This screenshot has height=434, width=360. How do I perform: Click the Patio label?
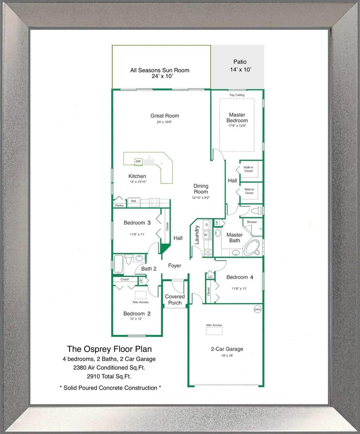tap(240, 62)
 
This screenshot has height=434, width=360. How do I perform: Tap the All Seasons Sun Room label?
tap(160, 70)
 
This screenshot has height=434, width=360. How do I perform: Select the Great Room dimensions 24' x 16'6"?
tap(165, 122)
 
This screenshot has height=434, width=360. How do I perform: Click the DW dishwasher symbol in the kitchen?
tap(139, 162)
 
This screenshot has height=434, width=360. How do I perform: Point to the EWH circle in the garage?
tap(258, 309)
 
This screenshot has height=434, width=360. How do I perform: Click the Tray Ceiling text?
tap(237, 95)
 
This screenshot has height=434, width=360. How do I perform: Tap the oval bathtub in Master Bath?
tap(252, 247)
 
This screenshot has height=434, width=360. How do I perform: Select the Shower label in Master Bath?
tap(252, 222)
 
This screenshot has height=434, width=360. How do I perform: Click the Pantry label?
tap(120, 206)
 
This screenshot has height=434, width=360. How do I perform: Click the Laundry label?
tap(197, 235)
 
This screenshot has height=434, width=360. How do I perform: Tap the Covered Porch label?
tap(175, 299)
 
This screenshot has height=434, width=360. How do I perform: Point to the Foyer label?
tap(175, 266)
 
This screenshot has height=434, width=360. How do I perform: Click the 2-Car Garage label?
tap(227, 349)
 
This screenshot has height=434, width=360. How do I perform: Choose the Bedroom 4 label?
tap(240, 277)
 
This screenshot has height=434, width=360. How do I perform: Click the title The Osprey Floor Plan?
tap(109, 349)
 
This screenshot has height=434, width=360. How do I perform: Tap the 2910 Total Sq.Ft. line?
tap(109, 376)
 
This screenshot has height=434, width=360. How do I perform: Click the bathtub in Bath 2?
tap(118, 264)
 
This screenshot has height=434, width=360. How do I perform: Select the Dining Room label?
tap(201, 189)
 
